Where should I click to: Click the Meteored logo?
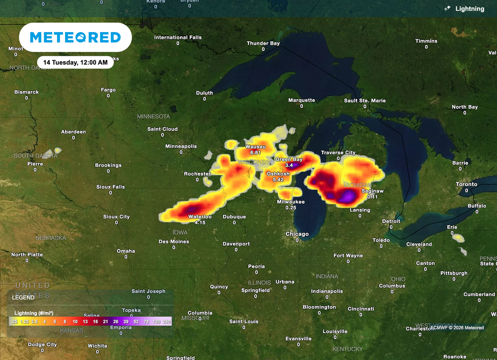tap(75, 37)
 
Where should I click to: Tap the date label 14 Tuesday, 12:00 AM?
tap(75, 62)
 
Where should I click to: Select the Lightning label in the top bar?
tap(469, 9)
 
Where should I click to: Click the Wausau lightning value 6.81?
tap(255, 153)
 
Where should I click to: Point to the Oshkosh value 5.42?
tap(278, 180)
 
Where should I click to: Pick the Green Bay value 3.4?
tap(289, 165)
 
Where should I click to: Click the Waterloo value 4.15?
tap(200, 222)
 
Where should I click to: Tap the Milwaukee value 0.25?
tap(291, 207)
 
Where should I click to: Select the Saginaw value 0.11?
tap(373, 197)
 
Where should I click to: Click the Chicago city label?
tap(297, 234)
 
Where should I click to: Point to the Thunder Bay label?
tap(263, 43)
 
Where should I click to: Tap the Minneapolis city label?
tap(181, 146)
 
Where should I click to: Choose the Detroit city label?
tap(391, 221)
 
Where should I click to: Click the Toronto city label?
tap(466, 184)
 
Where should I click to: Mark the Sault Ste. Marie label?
tap(365, 100)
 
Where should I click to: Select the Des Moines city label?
tap(173, 241)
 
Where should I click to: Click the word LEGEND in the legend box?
tap(23, 297)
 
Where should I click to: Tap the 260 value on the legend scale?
tap(167, 322)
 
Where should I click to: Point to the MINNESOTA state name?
tap(153, 116)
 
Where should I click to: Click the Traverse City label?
tap(338, 152)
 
